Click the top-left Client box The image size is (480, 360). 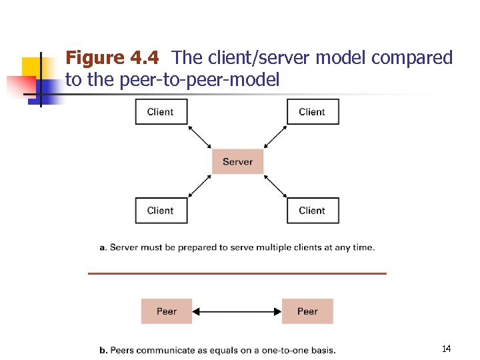click(x=161, y=112)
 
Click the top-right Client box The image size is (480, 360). click(x=312, y=112)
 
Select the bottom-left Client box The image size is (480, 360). click(x=161, y=211)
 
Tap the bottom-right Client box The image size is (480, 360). click(x=312, y=211)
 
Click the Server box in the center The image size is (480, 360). click(x=237, y=161)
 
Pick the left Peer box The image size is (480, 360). click(x=167, y=311)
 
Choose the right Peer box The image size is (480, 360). click(x=307, y=311)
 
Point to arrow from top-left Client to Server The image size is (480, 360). click(x=200, y=137)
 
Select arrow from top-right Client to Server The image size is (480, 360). click(x=275, y=137)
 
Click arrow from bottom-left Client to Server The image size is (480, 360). click(x=200, y=186)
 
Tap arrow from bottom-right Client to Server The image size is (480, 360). click(x=275, y=186)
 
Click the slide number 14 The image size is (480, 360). click(x=446, y=349)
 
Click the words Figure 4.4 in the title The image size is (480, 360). click(x=112, y=59)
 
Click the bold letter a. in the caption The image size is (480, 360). click(x=103, y=247)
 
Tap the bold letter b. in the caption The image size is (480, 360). click(x=103, y=350)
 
